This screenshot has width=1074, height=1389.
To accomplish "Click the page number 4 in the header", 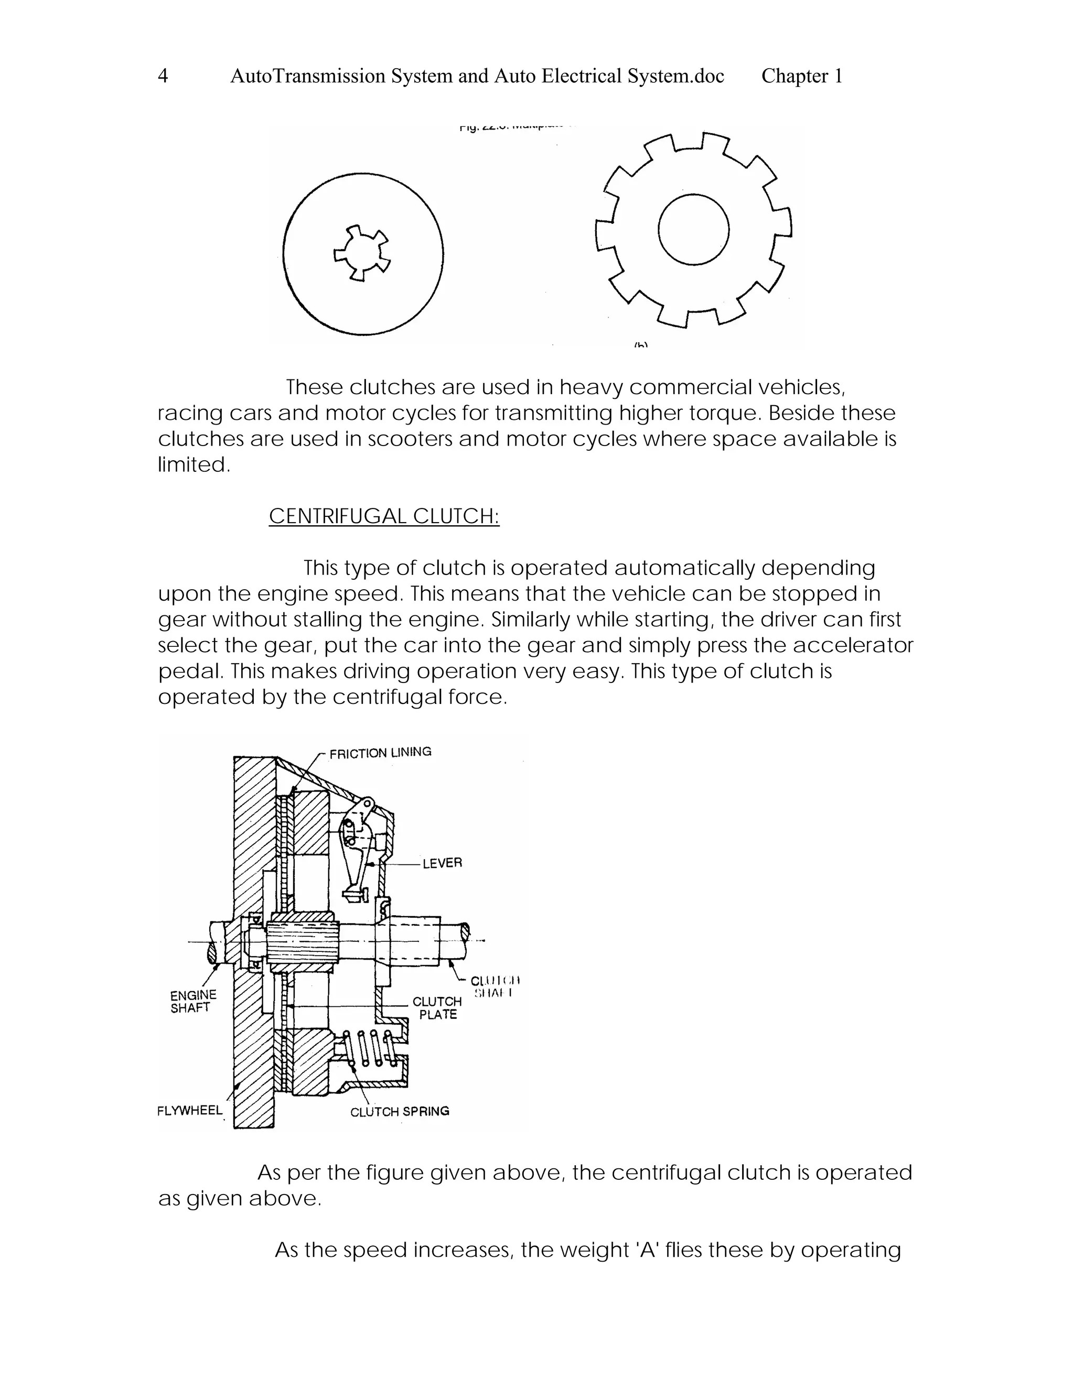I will coord(163,77).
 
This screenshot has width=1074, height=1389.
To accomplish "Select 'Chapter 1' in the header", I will coord(802,77).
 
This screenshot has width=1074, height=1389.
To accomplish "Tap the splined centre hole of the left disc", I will coord(362,253).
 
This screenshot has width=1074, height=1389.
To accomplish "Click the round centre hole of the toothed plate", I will coord(693,230).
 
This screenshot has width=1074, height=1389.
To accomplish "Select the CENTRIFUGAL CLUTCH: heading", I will coord(384,516).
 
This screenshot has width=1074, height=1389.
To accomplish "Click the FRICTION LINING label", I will coord(380,752).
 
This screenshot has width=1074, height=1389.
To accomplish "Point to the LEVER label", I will coord(442,863).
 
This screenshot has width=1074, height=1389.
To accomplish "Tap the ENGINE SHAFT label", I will coord(193,1001).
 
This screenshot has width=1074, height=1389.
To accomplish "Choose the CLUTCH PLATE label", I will coord(437,1008).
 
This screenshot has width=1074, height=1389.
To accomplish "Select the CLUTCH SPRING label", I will coord(400,1111).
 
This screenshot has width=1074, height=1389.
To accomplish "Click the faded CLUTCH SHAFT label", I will coord(495,986).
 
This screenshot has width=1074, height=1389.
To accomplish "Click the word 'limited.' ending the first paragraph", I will coord(194,465).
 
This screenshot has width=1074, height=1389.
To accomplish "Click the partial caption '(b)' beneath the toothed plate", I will coord(641,346).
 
